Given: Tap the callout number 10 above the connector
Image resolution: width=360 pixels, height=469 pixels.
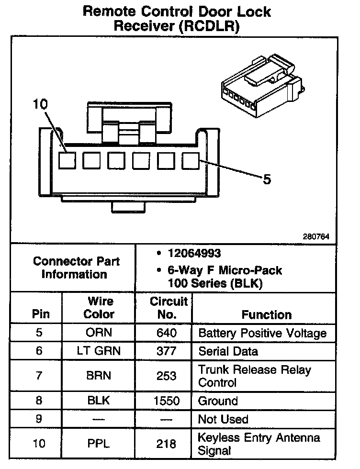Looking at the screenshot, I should coord(41,104).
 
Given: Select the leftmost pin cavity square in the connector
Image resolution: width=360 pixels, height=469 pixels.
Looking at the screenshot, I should coord(67,160).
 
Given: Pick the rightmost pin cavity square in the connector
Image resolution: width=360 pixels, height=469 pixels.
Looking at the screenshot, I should coord(191,160).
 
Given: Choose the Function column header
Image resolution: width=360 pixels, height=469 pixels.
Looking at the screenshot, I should coord(266,314).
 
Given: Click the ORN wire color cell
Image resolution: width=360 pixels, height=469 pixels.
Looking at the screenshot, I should coord(99,333).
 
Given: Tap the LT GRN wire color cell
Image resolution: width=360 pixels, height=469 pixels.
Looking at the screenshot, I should coord(99,351).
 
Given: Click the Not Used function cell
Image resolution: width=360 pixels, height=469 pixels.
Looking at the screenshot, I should coord(223,419).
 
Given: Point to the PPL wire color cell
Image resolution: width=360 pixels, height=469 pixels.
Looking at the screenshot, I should coord(99,444).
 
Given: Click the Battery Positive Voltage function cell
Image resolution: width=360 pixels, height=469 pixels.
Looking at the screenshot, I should coord(262,333).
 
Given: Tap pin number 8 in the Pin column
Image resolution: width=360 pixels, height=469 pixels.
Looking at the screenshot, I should coord(39,401).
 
